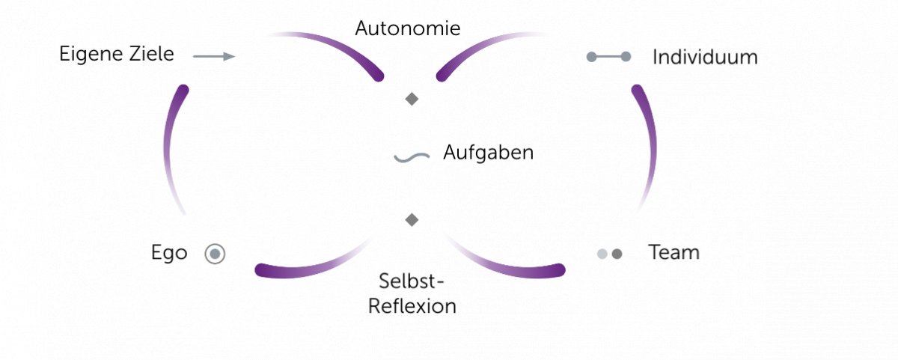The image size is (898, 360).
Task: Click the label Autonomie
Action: (407, 29)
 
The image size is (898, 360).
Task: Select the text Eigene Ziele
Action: (117, 55)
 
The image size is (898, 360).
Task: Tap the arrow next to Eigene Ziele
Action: (214, 56)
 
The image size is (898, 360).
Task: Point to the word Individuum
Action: (705, 57)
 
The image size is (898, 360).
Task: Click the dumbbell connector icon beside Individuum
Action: (608, 57)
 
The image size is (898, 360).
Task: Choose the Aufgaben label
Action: (488, 153)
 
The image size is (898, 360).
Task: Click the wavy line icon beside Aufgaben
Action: (412, 157)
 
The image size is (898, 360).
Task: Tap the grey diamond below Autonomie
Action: (412, 99)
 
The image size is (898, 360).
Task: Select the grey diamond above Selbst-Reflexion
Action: (411, 219)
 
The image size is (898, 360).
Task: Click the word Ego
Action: (169, 253)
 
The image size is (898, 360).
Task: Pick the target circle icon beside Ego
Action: (215, 254)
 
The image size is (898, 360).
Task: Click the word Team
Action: (673, 253)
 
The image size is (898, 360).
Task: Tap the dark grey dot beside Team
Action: (617, 254)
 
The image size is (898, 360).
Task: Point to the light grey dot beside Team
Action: (602, 254)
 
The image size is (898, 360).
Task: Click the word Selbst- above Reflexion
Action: (412, 283)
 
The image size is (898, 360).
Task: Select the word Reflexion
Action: (412, 307)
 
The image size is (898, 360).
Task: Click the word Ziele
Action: (149, 55)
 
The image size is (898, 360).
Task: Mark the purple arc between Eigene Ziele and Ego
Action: (173, 142)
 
